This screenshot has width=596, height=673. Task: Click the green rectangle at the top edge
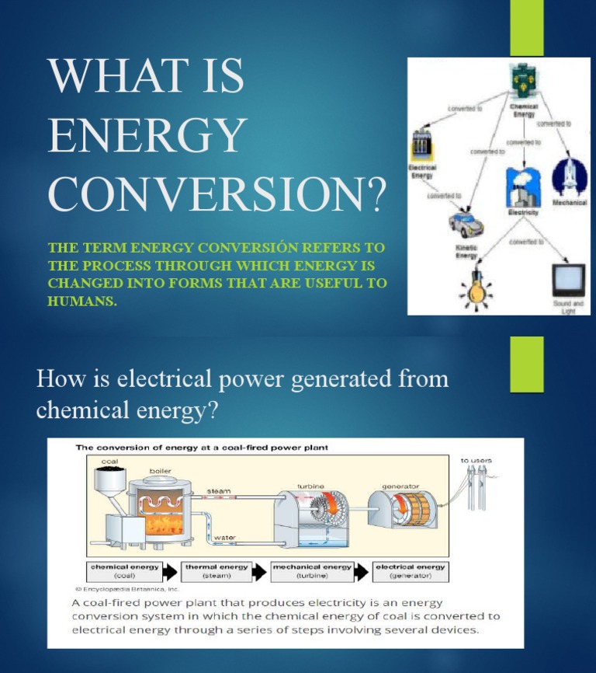[x=526, y=27]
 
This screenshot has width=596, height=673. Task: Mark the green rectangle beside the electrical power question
[x=526, y=364]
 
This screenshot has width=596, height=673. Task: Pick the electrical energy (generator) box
[x=410, y=571]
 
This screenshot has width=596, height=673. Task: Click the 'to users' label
[x=476, y=460]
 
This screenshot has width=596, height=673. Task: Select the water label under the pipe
[x=225, y=537]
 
